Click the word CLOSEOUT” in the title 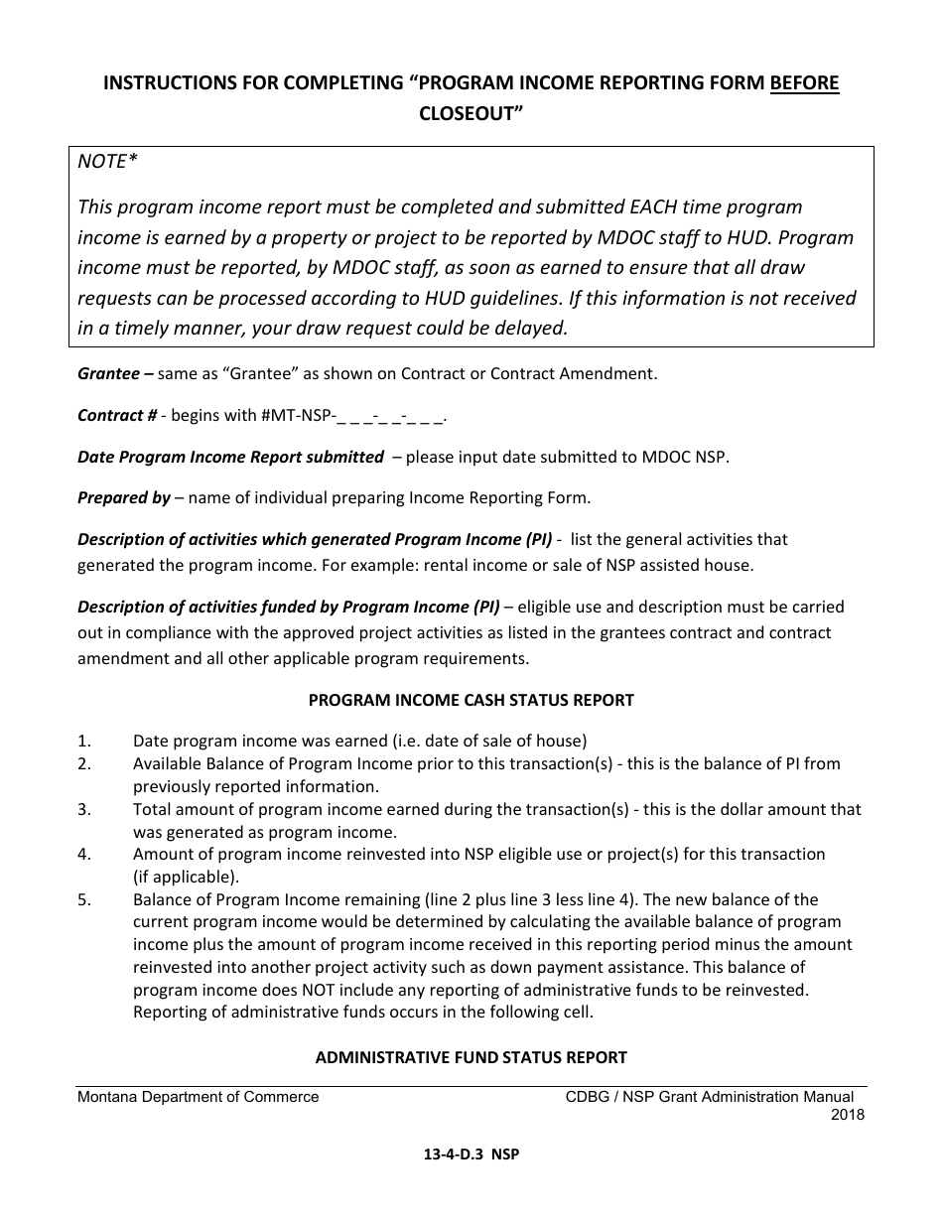pos(471,113)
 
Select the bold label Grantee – pos(115,374)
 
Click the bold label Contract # pos(117,416)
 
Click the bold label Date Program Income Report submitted pos(230,457)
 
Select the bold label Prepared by pos(124,497)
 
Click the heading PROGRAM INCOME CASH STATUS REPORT pos(471,700)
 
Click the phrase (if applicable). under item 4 pos(186,877)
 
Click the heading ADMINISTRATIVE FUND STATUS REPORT pos(471,1058)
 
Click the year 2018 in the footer pos(847,1114)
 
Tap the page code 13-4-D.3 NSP pos(471,1154)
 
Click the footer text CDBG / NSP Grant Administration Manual pos(709,1097)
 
